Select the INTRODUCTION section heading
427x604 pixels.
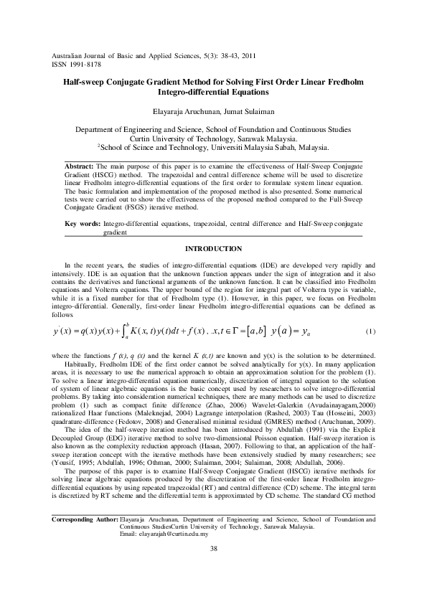pyautogui.click(x=214, y=248)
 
